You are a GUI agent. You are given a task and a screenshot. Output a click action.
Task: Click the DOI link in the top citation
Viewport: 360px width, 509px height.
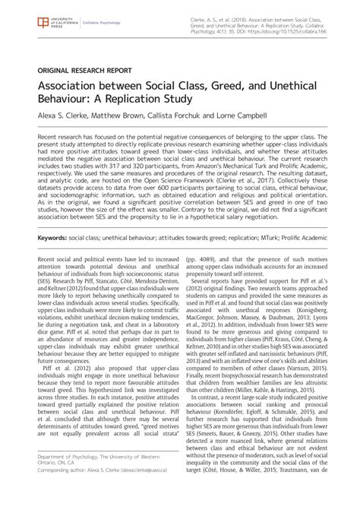[300, 35]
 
